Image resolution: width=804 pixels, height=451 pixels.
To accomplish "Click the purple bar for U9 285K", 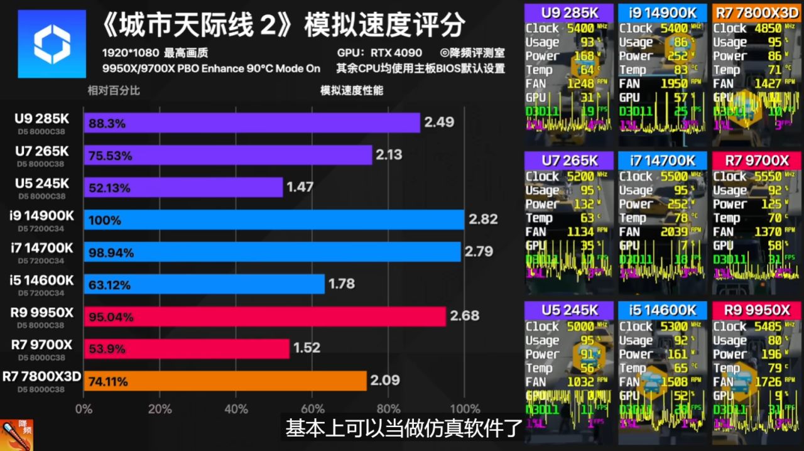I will [x=251, y=122].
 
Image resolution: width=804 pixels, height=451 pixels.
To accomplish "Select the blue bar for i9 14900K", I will [x=274, y=220].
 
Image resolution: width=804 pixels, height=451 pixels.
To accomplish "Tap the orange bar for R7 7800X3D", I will [x=225, y=381].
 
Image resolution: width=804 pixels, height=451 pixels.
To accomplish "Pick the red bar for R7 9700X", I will [x=187, y=349].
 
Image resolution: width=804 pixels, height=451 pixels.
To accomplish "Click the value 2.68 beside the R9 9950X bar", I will [x=465, y=315].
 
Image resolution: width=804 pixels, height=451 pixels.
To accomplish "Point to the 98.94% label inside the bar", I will [x=111, y=253].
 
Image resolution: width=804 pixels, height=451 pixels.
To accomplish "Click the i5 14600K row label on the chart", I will [x=42, y=280].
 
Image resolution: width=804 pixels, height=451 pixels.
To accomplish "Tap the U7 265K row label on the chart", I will [x=43, y=151].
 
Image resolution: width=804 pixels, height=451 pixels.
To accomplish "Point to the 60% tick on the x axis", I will [x=312, y=409].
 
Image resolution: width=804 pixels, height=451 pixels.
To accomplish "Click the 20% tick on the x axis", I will [x=160, y=409].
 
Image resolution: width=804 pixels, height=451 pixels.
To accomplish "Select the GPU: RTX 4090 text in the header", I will [x=379, y=53].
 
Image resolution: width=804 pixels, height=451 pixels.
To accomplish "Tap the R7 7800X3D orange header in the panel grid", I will [x=756, y=12].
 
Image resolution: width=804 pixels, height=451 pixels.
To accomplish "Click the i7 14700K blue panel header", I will [x=662, y=161].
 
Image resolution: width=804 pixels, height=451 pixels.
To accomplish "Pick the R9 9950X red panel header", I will [x=756, y=310].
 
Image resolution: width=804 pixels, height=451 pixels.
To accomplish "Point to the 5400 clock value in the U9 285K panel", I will [x=580, y=28].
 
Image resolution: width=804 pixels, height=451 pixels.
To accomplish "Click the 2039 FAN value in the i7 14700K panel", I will [x=673, y=232].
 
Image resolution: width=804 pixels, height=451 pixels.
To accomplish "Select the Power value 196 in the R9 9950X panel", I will [x=771, y=354].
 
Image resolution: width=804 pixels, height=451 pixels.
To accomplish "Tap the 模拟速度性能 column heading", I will [x=351, y=90].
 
